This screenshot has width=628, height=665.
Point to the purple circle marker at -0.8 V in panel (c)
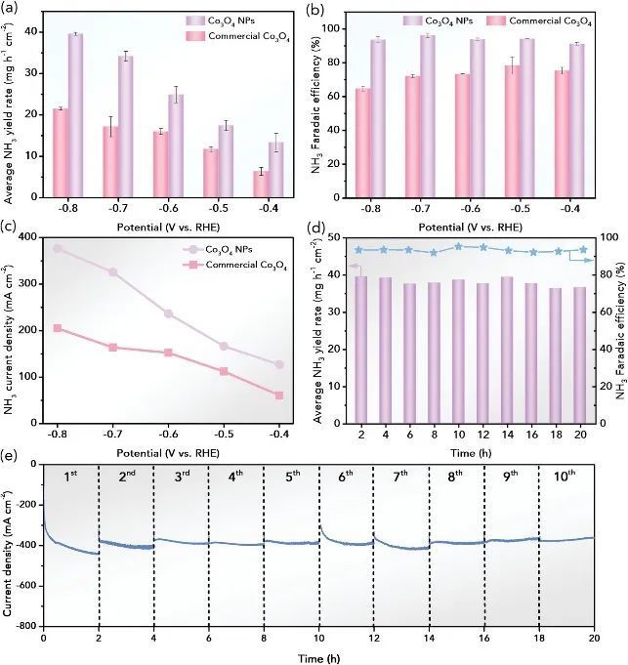point(58,249)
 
